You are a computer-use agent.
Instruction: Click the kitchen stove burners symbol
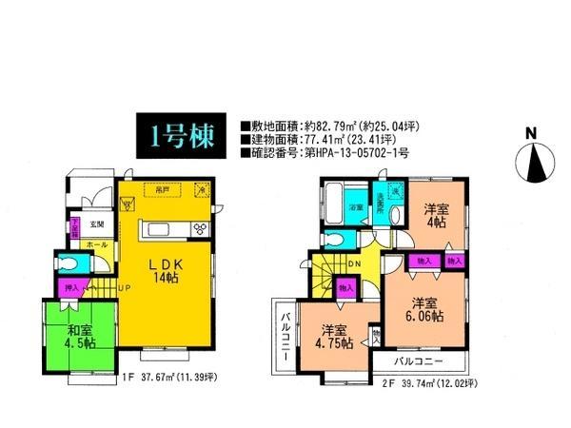[x=201, y=228]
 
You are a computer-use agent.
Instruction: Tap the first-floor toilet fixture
[x=64, y=263]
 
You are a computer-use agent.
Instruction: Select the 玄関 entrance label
[x=97, y=224]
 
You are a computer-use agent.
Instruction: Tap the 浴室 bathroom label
[x=354, y=206]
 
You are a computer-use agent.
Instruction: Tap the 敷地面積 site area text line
[x=337, y=125]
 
